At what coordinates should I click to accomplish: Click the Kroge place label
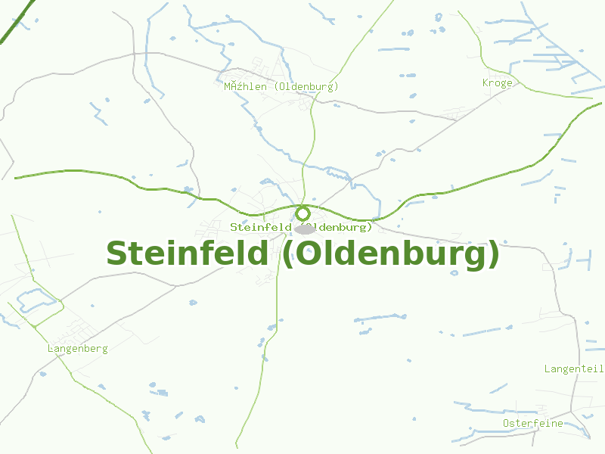497,83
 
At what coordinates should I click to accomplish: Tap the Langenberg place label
77,349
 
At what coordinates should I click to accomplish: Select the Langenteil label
573,368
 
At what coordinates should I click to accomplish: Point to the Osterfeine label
532,424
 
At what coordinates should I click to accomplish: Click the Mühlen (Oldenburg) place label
281,87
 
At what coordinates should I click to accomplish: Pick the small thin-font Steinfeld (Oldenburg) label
301,227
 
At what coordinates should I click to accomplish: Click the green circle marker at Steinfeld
302,213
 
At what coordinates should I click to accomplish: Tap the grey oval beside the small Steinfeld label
305,229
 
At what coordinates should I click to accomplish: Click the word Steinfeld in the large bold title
187,253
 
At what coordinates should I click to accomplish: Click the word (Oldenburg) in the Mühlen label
306,87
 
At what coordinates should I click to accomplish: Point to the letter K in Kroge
486,83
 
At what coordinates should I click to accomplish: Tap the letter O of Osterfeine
506,424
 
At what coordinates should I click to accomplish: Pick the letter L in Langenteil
548,368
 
